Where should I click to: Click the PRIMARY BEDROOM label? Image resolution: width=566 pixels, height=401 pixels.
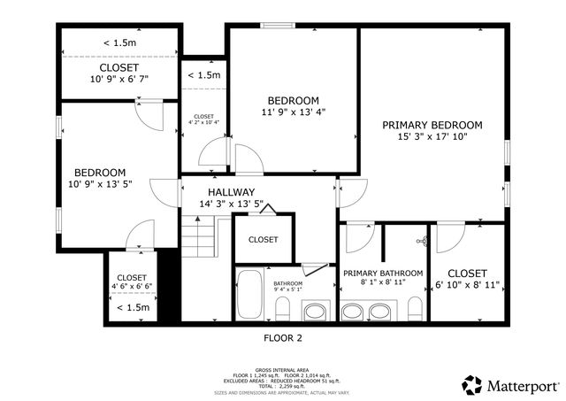point(432,125)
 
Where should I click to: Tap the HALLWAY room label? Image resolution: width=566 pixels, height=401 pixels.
point(231,192)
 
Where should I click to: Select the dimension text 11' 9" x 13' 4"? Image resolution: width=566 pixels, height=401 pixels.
point(292,112)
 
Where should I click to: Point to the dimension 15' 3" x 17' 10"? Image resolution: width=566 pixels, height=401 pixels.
point(432,136)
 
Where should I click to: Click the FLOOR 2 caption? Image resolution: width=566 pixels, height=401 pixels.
point(283,337)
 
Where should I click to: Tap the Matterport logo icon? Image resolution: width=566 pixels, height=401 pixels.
point(472,385)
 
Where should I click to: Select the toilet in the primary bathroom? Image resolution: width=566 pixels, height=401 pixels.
point(415,309)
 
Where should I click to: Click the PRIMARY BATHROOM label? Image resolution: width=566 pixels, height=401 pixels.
point(382,274)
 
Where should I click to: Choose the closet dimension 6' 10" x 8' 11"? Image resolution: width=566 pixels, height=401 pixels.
point(468,285)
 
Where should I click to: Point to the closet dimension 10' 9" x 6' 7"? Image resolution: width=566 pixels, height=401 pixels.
point(119,79)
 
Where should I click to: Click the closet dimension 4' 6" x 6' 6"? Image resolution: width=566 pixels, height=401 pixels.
point(132,287)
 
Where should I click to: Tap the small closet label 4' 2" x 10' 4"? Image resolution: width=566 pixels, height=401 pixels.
point(204,123)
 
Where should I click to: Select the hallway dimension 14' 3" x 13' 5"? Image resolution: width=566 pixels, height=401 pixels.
point(231,204)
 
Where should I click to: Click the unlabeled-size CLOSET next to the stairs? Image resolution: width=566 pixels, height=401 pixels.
point(263,240)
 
